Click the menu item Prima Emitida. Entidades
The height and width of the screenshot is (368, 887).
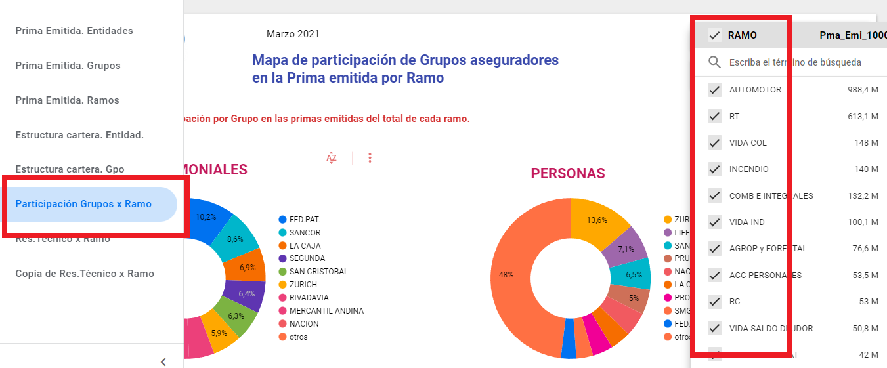(x=74, y=31)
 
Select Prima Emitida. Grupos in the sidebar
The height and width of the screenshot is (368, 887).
(x=68, y=66)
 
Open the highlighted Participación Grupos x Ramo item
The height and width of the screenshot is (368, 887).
(x=83, y=204)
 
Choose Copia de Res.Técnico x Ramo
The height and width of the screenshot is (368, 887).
(x=85, y=274)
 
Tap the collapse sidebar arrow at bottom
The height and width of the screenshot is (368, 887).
(x=163, y=361)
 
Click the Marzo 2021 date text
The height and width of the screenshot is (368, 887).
(x=293, y=34)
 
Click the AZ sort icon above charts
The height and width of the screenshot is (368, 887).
(x=332, y=157)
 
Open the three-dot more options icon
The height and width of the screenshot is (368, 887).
(x=370, y=157)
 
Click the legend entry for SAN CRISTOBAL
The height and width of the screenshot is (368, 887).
(x=318, y=272)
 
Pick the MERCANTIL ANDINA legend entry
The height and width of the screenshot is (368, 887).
(x=326, y=311)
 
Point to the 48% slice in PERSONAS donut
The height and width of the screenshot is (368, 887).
(x=509, y=275)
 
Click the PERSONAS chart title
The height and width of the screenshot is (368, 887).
(x=568, y=174)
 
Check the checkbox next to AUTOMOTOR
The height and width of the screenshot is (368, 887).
(x=715, y=90)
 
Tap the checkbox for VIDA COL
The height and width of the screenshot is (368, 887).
(x=715, y=143)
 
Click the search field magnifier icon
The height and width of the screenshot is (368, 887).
(x=715, y=62)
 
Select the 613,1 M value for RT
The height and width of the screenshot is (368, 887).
(x=863, y=117)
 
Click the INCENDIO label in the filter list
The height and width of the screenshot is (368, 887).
(x=748, y=169)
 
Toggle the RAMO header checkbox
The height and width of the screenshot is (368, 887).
(x=715, y=35)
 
